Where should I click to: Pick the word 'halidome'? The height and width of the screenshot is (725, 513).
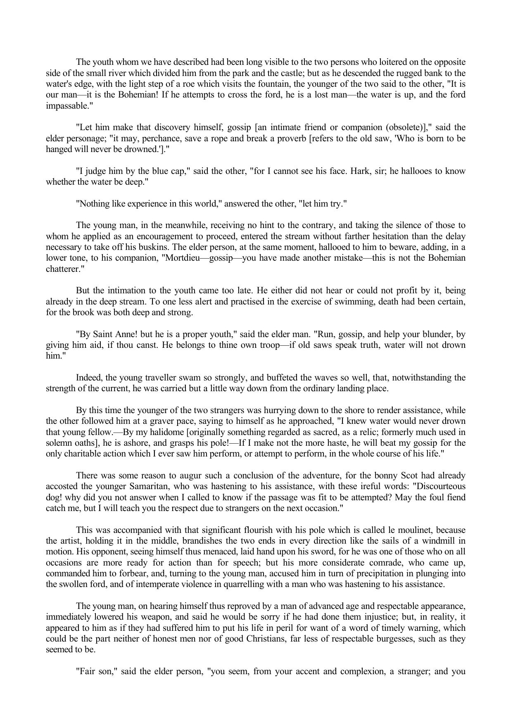(x=164, y=432)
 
